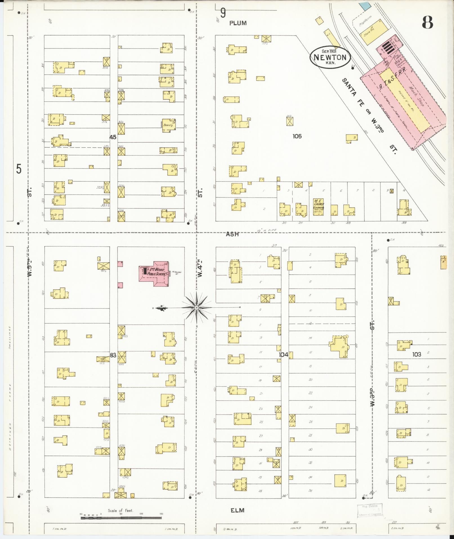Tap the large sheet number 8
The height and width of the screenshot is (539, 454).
(x=427, y=23)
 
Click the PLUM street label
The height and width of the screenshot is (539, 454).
(x=238, y=23)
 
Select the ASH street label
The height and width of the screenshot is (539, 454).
(x=233, y=234)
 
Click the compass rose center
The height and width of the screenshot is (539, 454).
(x=196, y=308)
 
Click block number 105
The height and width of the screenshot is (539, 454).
(x=297, y=136)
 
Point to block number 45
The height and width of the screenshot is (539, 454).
(x=113, y=137)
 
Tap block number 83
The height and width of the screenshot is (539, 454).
(x=113, y=355)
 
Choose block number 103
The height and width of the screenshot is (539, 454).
(x=417, y=354)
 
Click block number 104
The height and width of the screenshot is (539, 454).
(x=283, y=355)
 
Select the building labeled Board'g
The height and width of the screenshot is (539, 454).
(x=169, y=125)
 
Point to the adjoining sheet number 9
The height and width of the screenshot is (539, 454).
(x=223, y=13)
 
